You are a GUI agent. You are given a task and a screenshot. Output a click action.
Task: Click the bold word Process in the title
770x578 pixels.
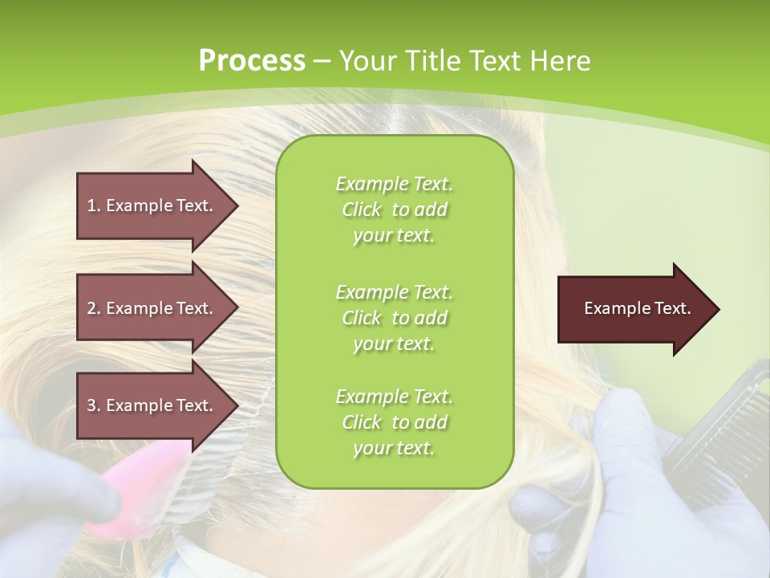[252, 61]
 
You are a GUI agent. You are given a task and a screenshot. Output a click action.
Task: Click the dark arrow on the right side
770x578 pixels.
[634, 309]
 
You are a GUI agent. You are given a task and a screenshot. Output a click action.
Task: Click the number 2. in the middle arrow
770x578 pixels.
[94, 308]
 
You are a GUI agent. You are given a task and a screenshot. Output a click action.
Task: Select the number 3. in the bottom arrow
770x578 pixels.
[94, 405]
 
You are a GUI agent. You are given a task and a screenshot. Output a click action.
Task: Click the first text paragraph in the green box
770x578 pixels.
[394, 210]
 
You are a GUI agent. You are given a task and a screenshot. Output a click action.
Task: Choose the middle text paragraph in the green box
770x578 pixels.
[394, 318]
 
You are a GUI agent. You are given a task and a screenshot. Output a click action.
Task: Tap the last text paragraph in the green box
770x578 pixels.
[394, 422]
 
